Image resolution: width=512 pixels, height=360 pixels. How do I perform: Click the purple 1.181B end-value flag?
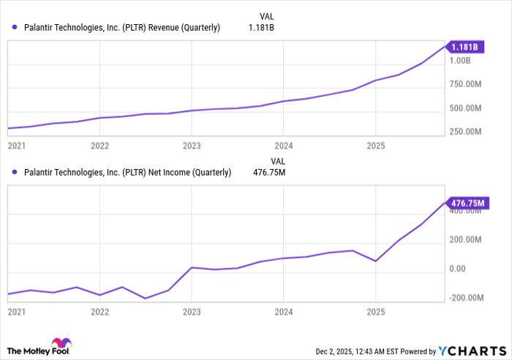click(465, 48)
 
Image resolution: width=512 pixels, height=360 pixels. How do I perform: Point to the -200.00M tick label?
click(467, 298)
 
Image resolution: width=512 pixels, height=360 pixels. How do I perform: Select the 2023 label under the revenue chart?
click(191, 146)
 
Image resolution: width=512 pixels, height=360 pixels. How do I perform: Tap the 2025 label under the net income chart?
click(374, 311)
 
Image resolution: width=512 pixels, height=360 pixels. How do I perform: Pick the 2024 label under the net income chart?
click(283, 311)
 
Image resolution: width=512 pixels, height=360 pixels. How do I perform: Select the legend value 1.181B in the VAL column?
click(261, 29)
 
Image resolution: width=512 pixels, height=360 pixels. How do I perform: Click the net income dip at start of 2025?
click(374, 261)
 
